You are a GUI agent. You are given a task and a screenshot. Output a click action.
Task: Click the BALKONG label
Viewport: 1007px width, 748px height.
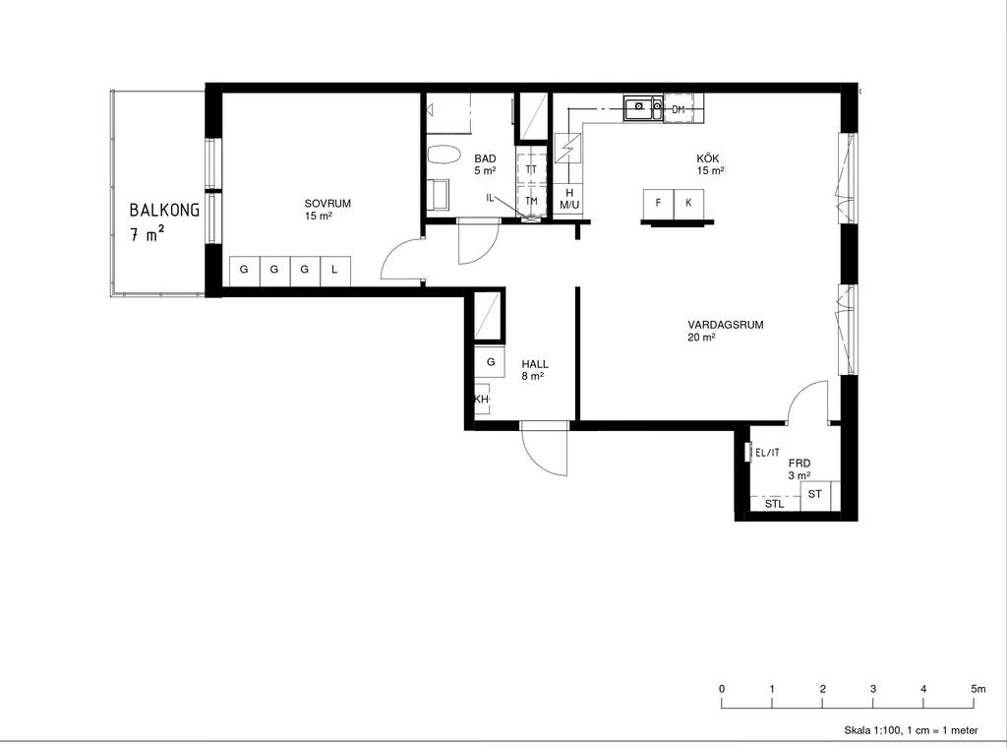[x=164, y=210]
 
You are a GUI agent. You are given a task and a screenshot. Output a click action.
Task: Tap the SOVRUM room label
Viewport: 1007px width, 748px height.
[x=327, y=204]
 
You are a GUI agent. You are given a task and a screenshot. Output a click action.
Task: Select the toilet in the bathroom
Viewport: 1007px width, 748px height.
[x=444, y=156]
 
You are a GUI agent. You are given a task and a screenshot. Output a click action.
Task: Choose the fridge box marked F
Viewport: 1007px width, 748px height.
[x=658, y=203]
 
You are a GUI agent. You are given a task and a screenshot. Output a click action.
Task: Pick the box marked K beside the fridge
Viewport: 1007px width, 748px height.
[x=688, y=203]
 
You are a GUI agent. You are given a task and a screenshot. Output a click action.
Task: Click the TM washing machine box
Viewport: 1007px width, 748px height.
[x=531, y=201]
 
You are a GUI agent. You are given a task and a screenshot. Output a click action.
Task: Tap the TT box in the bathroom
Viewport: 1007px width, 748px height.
[x=531, y=169]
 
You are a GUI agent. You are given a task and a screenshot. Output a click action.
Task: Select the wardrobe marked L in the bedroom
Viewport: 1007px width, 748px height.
[x=334, y=271]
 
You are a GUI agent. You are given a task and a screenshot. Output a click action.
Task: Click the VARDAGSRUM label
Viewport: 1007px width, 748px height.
[x=726, y=325]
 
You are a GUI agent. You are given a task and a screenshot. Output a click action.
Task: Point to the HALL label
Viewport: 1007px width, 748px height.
[x=535, y=364]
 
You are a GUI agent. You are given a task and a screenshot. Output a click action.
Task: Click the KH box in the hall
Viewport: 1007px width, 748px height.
[x=482, y=399]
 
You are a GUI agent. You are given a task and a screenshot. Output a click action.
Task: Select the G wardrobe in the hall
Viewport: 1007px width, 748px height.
[x=491, y=362]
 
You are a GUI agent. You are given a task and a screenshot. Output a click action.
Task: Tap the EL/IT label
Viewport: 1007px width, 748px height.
[x=767, y=453]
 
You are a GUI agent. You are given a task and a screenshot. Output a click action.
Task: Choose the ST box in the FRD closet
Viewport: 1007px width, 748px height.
[x=815, y=495]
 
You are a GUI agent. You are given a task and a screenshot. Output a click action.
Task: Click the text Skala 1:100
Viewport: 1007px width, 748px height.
[x=871, y=730]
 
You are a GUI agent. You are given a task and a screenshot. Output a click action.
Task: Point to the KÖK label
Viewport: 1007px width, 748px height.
[x=708, y=158]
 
